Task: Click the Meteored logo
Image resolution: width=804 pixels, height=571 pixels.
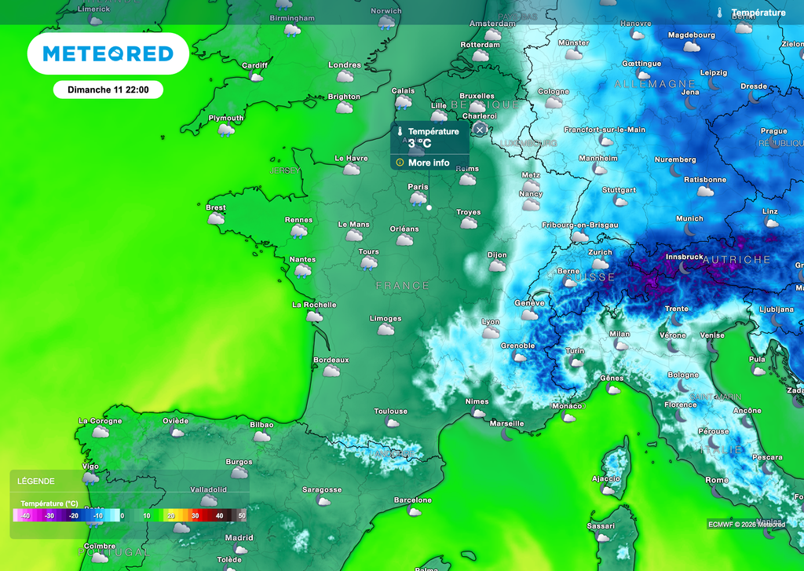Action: click(108, 53)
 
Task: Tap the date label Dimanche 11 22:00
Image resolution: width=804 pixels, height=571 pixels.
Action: click(108, 90)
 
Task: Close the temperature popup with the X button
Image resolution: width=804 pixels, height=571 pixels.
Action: click(480, 130)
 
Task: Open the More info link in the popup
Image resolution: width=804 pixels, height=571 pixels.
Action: click(429, 163)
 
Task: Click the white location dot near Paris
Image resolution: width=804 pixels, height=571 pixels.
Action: click(429, 207)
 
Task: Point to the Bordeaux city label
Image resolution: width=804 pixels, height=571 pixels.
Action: click(331, 360)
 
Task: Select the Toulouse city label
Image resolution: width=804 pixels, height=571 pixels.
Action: click(390, 411)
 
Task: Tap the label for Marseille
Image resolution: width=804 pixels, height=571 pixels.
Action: click(506, 423)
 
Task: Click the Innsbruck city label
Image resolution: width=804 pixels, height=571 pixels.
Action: click(683, 256)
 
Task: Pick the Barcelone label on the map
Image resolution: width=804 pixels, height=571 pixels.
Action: click(412, 500)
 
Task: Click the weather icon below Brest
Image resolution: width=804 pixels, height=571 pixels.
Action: click(215, 219)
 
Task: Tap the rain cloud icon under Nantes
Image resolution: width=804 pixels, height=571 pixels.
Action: click(302, 271)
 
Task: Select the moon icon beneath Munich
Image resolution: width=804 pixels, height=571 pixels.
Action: click(689, 229)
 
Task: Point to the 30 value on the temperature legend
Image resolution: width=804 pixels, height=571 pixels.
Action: click(196, 515)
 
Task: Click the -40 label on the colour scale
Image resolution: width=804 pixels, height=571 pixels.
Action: click(24, 515)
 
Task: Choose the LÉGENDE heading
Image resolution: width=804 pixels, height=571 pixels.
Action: click(36, 481)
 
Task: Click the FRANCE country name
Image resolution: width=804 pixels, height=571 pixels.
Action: click(403, 286)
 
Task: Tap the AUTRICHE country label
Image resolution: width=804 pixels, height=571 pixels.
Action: click(736, 259)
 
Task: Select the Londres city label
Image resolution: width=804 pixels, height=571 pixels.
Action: click(344, 65)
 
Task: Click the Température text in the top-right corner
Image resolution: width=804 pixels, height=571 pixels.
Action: click(758, 13)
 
